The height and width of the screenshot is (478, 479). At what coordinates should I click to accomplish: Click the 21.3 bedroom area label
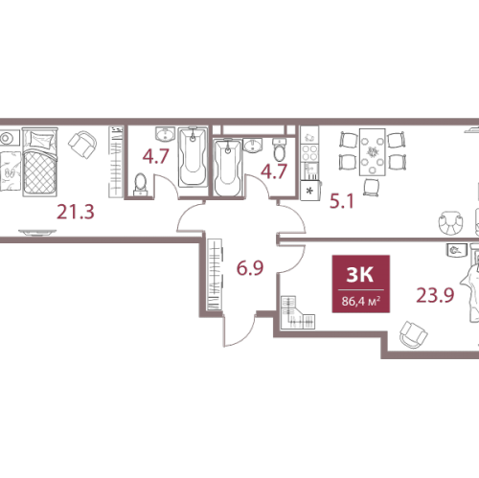point(76,212)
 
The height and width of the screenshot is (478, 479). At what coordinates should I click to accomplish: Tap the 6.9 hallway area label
point(250,267)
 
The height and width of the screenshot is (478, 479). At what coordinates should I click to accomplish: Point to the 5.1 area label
point(342,201)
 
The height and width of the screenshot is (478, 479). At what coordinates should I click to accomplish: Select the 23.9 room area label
point(435,295)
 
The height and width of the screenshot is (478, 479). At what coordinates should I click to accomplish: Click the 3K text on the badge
point(360,274)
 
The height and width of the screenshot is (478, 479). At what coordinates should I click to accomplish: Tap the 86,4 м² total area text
point(361,301)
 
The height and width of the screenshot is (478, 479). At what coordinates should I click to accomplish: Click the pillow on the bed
point(40,139)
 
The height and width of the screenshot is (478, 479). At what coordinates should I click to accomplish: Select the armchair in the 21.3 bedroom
point(82,145)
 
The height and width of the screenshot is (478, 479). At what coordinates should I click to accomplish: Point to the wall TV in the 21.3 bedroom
point(37,232)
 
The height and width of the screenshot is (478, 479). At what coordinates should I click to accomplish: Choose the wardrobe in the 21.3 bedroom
point(116,162)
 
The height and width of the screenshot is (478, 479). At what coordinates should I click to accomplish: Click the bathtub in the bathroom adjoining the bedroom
point(193,157)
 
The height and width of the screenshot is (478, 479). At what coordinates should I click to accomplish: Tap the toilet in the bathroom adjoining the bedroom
point(141,184)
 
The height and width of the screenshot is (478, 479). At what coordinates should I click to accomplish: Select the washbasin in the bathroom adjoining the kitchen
point(252,146)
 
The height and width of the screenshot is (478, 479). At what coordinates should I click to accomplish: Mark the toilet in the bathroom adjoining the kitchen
point(280,150)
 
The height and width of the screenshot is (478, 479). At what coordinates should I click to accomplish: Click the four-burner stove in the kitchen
point(309,152)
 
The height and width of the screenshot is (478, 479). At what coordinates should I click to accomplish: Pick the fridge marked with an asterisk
point(310,191)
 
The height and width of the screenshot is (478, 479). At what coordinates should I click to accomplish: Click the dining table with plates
point(372,152)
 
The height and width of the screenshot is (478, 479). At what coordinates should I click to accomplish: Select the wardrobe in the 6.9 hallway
point(215,274)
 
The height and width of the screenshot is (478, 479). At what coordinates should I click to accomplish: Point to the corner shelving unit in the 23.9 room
point(298,312)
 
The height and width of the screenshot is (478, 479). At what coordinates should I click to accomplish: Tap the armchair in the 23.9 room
point(414,335)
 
